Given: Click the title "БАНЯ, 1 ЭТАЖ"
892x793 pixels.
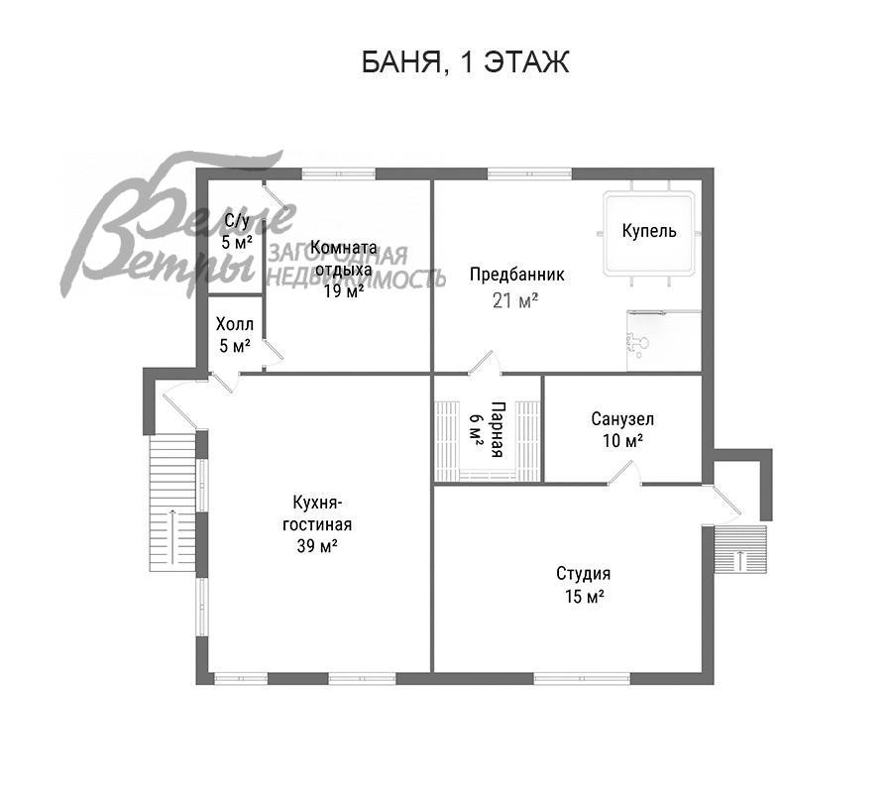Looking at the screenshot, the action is (466, 62).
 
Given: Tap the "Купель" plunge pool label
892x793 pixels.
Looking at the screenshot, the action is (649, 230).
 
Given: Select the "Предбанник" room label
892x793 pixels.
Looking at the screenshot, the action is (516, 275).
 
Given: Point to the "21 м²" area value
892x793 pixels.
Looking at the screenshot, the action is (514, 299).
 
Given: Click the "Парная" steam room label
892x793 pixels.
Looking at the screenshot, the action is (497, 429).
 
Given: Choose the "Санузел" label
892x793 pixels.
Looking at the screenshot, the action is (622, 419).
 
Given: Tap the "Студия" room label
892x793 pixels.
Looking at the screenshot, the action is (583, 573).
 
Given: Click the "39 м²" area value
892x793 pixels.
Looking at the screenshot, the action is (317, 545).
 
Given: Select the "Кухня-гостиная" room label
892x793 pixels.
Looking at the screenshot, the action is (317, 513).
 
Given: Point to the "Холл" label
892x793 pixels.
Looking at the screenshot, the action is (234, 324).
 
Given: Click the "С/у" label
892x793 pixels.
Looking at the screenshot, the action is (237, 220).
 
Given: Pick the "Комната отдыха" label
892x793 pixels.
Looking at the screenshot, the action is (344, 259).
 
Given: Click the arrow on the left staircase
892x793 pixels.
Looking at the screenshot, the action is (171, 537).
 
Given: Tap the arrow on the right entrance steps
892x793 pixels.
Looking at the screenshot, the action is (740, 560).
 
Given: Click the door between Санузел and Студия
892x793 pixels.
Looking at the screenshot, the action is (624, 473).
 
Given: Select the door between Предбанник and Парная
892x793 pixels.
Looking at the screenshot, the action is (485, 363).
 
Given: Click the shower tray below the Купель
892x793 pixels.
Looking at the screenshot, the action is (663, 341).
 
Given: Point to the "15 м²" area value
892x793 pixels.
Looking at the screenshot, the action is (584, 596).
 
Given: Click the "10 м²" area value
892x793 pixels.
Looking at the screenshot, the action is (623, 440).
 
